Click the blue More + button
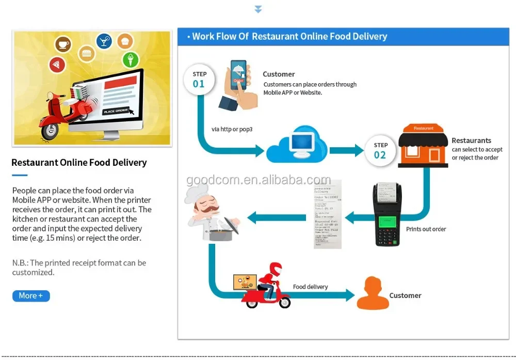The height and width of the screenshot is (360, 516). tap(31, 296)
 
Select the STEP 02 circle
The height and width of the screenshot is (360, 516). tap(380, 151)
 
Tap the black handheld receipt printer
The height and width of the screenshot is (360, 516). tap(387, 214)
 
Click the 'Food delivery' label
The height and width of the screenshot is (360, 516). tap(310, 287)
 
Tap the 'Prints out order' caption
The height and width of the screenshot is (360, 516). tap(426, 229)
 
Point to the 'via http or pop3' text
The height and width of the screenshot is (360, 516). tap(232, 129)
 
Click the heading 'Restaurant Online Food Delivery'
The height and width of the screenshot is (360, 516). tap(79, 163)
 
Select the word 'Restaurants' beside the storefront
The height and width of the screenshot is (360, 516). tap(471, 140)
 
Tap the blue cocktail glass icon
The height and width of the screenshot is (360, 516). tap(104, 41)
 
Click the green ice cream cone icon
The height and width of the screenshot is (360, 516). tap(131, 60)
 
